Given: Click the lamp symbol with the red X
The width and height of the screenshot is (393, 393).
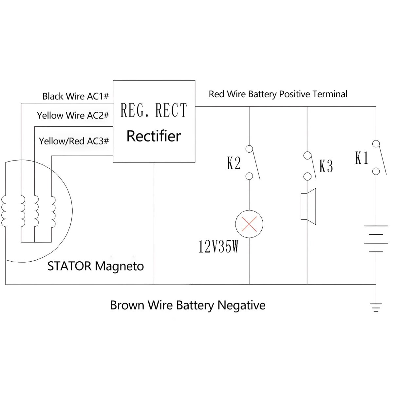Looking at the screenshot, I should [x=249, y=224].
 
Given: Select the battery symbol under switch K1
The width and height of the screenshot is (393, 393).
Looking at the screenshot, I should [x=376, y=239].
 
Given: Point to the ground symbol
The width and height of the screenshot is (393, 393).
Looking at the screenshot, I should [x=376, y=307].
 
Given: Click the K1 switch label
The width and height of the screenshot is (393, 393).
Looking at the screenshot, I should [x=362, y=158].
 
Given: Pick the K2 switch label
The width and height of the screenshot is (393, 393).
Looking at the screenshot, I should [x=234, y=163].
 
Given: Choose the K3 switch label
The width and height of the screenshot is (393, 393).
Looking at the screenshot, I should [x=326, y=166].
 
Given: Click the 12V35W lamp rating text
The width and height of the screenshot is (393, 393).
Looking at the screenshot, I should [x=218, y=247].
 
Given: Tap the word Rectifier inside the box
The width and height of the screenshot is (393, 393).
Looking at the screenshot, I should [x=154, y=136].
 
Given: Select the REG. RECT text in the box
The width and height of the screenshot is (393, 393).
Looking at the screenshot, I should [x=154, y=110].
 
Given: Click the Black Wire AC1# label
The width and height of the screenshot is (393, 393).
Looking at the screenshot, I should [x=76, y=96].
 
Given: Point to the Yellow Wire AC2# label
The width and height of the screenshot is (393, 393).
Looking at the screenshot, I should [x=73, y=115].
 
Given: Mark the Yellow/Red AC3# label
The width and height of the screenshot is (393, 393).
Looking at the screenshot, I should [x=74, y=141].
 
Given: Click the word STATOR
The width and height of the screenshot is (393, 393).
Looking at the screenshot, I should [x=69, y=266].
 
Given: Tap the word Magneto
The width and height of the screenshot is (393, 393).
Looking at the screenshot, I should [x=119, y=266].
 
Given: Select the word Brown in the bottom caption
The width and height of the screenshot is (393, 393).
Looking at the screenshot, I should [x=127, y=305].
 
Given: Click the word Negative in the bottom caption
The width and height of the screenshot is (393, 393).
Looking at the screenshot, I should [x=241, y=305].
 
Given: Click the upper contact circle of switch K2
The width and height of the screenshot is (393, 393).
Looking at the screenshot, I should [x=249, y=149].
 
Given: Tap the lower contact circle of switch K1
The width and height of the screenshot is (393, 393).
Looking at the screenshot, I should [x=376, y=171].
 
